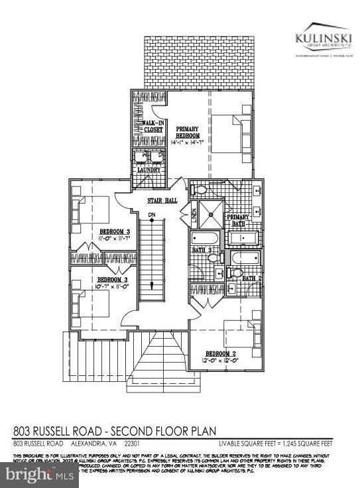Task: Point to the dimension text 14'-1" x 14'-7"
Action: (x=189, y=142)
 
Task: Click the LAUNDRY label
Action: (x=149, y=170)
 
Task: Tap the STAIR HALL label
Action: (x=160, y=200)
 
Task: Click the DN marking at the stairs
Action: (x=152, y=214)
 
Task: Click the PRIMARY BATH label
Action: (x=238, y=221)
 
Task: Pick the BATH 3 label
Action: (x=202, y=249)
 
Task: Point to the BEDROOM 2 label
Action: (x=221, y=353)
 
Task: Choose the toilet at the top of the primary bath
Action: (x=202, y=189)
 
